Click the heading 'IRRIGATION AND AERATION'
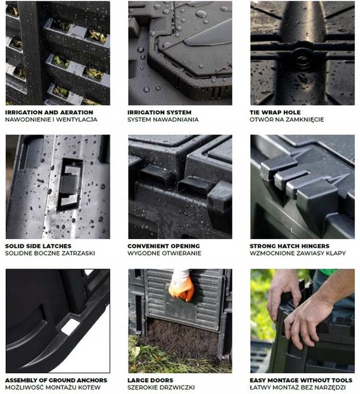[49, 112]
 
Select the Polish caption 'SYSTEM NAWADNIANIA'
[163, 120]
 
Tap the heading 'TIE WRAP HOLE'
[275, 112]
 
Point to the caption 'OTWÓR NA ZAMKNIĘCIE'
[286, 120]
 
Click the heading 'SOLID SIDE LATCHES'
[38, 246]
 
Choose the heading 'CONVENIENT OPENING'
[164, 246]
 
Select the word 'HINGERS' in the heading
[314, 246]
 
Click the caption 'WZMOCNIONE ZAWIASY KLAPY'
[298, 253]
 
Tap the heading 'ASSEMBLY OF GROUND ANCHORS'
[56, 380]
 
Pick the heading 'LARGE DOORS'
[150, 380]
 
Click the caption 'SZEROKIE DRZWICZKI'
[161, 387]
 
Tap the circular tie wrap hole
[302, 59]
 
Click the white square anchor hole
[70, 327]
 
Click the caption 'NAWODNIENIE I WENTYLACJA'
[51, 120]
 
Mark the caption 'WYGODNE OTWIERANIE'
[164, 253]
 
